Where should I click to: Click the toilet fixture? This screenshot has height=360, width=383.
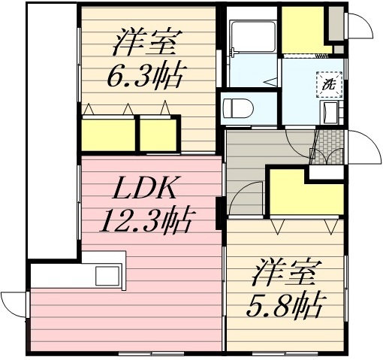pyautogui.click(x=238, y=106)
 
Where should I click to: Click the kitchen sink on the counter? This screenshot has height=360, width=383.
pyautogui.click(x=105, y=276)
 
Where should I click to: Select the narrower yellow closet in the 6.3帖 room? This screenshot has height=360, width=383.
pyautogui.click(x=157, y=133)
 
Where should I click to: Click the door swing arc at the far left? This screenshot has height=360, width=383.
pyautogui.click(x=13, y=304)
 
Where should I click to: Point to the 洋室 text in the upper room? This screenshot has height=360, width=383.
pyautogui.click(x=145, y=43)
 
